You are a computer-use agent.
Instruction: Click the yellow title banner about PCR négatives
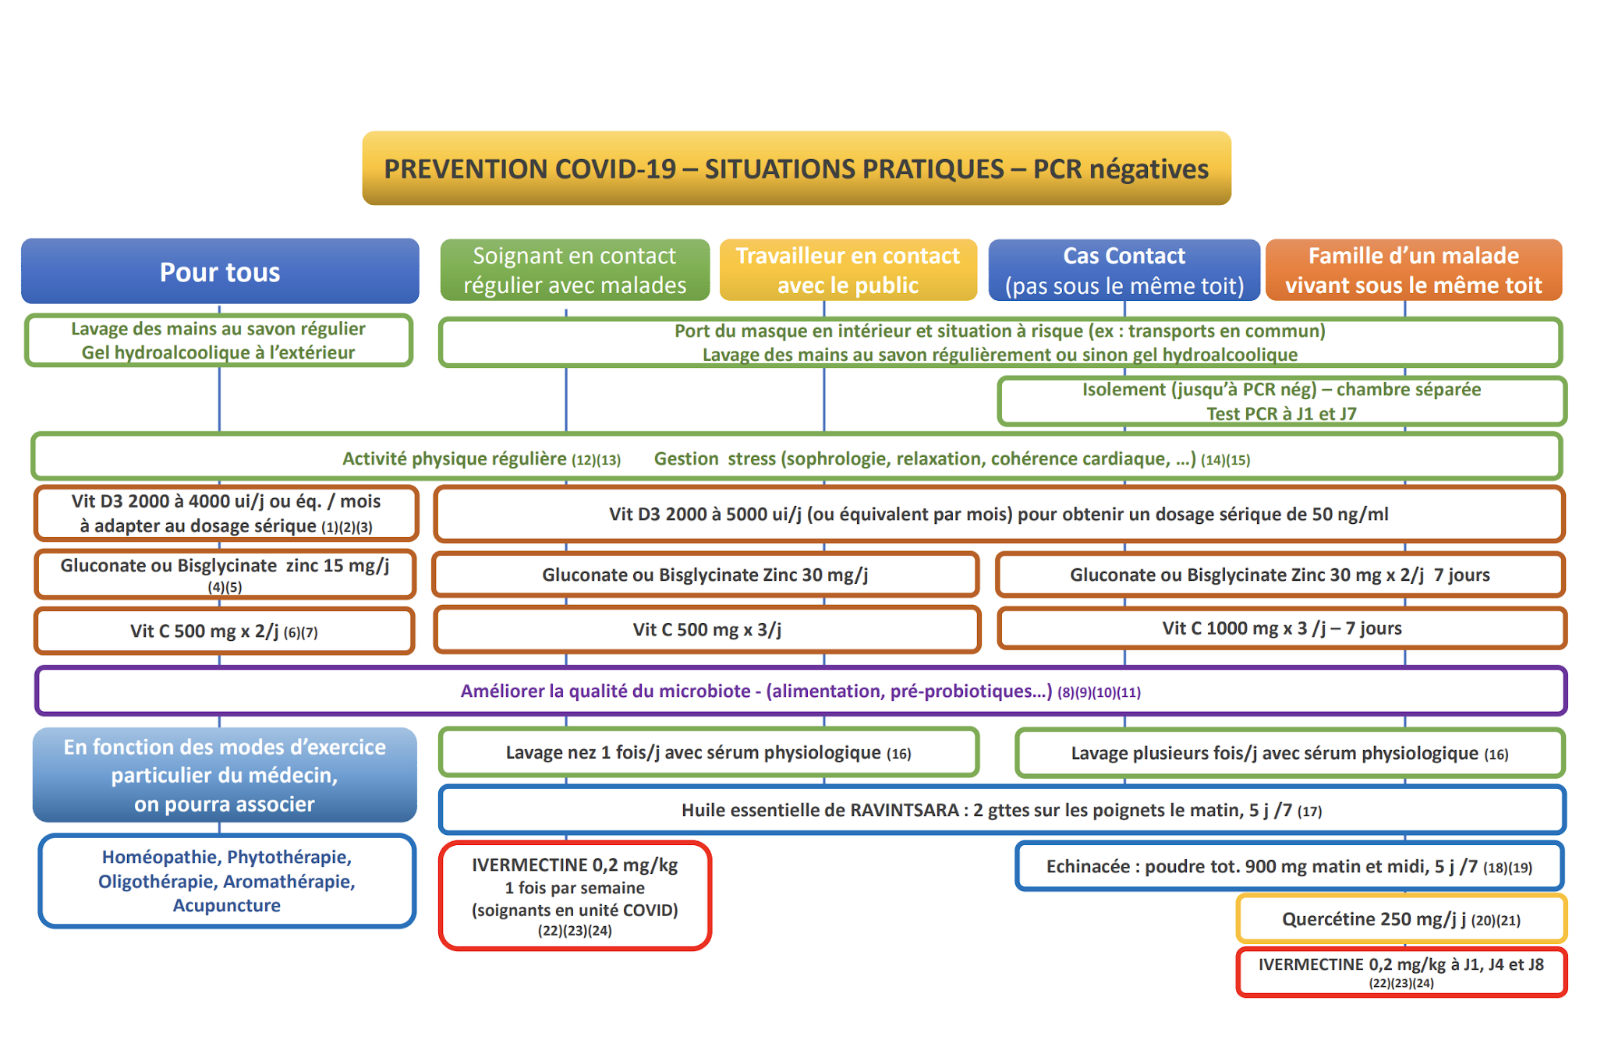[796, 168]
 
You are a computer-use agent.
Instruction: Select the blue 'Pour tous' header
[220, 271]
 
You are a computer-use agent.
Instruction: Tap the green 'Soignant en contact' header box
[575, 270]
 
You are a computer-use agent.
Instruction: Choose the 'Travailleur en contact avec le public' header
[848, 270]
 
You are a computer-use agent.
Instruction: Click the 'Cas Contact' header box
[1124, 270]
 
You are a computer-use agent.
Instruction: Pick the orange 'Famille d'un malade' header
[1413, 270]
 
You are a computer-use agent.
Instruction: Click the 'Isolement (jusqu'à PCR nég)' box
[1281, 401]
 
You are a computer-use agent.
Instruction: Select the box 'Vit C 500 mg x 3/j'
[706, 629]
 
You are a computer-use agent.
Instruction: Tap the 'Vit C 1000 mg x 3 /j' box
[1281, 628]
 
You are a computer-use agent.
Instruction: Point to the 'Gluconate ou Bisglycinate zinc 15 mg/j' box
[225, 574]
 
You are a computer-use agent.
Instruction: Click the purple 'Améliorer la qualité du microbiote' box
[800, 691]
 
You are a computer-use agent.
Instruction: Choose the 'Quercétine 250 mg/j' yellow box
[1400, 919]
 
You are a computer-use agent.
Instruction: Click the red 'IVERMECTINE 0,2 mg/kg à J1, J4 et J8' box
[1400, 971]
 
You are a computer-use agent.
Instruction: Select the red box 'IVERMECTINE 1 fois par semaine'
[575, 895]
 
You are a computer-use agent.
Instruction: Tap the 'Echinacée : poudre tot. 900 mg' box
[1289, 866]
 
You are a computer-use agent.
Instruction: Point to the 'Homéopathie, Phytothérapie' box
[226, 881]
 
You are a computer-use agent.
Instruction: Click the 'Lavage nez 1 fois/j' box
[708, 752]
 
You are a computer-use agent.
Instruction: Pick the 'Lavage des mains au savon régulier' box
[218, 340]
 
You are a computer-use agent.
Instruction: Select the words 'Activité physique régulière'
[455, 458]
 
